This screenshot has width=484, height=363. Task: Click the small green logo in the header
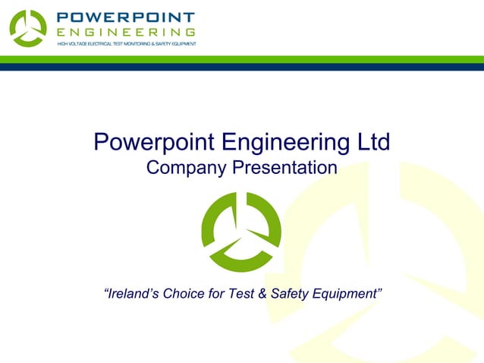28,27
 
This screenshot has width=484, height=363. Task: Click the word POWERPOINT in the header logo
127,17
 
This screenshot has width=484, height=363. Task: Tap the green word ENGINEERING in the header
127,32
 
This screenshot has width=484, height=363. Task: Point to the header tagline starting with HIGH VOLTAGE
127,44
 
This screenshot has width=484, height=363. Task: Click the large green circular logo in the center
241,231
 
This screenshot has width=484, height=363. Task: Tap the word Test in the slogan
244,294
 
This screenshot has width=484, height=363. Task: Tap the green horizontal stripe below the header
242,59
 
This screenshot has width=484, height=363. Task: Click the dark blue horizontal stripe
242,67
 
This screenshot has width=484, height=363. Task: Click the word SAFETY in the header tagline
162,44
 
